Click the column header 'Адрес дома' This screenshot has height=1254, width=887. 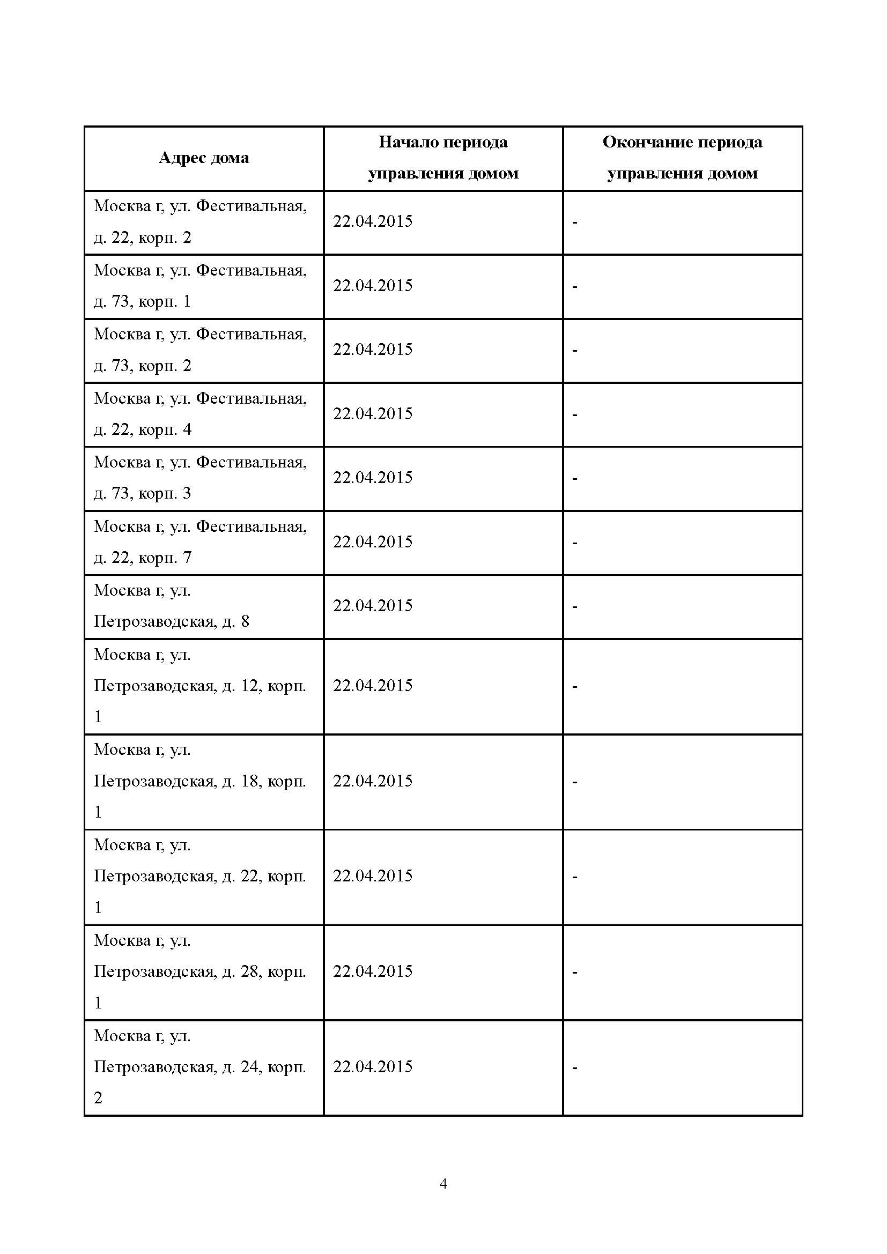coord(204,158)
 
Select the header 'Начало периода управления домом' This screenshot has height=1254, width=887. coord(443,158)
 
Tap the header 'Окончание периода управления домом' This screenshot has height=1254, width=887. coord(682,158)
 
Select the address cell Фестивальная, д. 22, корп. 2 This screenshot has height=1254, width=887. coord(200,222)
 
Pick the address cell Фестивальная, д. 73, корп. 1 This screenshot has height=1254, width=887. coord(200,286)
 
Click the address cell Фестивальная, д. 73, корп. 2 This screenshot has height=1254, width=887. coord(200,350)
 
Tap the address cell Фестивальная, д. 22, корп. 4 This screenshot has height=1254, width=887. coord(200,413)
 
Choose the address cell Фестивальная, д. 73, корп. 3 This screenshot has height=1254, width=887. coord(200,477)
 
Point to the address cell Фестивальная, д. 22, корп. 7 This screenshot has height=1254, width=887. coord(200,542)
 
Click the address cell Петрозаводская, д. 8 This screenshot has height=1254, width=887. coord(172,606)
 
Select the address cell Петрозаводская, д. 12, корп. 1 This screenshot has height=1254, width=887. coord(200,686)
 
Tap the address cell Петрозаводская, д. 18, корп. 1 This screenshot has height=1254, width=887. coord(200,781)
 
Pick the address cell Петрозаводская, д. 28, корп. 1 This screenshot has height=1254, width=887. coord(200,971)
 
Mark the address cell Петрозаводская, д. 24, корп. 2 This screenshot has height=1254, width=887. coord(200,1067)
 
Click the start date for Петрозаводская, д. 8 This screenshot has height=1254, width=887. coord(373,606)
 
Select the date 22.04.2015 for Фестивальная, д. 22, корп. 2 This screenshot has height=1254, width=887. coord(373,221)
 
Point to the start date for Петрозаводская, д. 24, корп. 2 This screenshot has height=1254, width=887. coord(373,1067)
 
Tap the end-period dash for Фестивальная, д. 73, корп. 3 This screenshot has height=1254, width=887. coord(574,478)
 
